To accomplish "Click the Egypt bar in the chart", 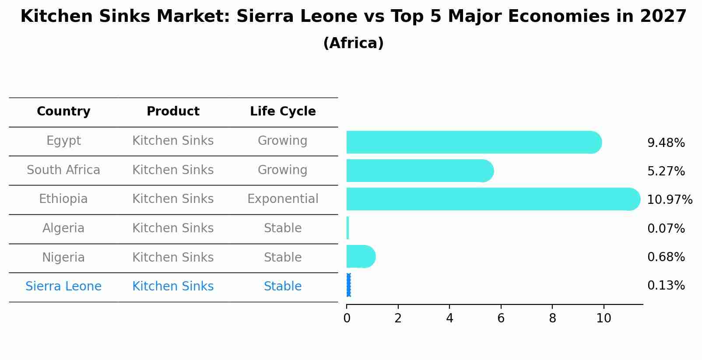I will [x=473, y=142].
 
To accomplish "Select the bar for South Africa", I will [x=419, y=171].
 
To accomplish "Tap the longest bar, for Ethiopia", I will [x=492, y=199].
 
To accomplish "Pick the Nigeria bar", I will [x=360, y=256].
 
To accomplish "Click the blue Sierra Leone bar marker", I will [x=348, y=285].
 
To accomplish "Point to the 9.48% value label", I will [x=666, y=143].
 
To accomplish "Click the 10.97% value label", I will [x=669, y=200].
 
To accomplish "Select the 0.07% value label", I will [x=666, y=229].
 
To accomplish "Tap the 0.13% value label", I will [x=666, y=286].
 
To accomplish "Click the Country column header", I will [x=63, y=112].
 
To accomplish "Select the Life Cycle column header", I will [x=283, y=112].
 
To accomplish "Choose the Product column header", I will [x=173, y=112].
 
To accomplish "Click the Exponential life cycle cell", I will [x=283, y=199].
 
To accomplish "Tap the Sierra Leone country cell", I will [x=63, y=287].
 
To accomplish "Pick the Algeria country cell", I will [x=63, y=228].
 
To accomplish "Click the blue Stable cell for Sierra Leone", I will [x=283, y=287].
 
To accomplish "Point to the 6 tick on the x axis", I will [x=501, y=318].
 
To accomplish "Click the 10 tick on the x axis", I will [x=604, y=318].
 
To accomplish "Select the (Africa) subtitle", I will [x=353, y=43].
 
